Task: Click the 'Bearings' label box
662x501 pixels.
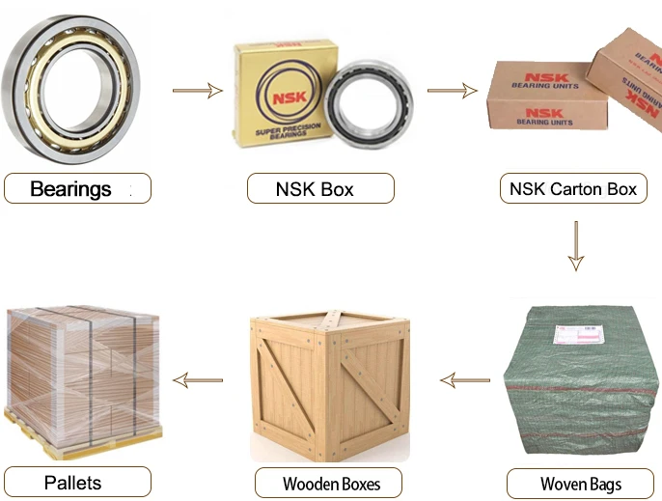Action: pyautogui.click(x=77, y=188)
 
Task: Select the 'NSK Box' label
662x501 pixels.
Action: pyautogui.click(x=320, y=188)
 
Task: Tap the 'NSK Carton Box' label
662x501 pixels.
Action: pyautogui.click(x=573, y=188)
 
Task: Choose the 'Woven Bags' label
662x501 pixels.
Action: pyautogui.click(x=580, y=483)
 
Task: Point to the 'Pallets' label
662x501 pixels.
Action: pyautogui.click(x=77, y=482)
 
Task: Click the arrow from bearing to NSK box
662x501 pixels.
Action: pyautogui.click(x=198, y=91)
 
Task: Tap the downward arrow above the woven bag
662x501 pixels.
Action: pyautogui.click(x=576, y=246)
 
